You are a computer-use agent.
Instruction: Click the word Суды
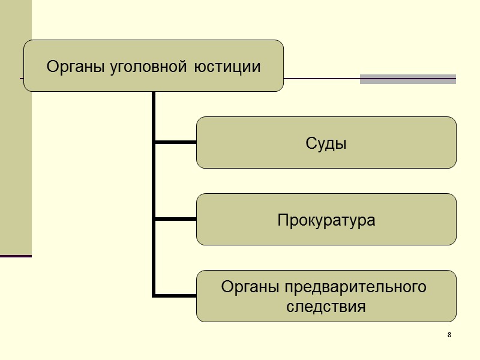(x=326, y=143)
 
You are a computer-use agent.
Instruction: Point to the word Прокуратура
(x=326, y=220)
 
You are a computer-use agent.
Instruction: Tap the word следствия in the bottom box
(x=326, y=307)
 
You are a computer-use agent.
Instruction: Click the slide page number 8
(x=449, y=334)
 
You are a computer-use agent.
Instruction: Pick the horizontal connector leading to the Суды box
(x=176, y=142)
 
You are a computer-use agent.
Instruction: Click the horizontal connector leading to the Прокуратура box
(x=176, y=219)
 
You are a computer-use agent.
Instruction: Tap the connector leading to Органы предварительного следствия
(x=176, y=295)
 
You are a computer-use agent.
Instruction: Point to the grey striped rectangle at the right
(x=408, y=79)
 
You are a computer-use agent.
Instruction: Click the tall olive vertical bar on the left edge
(x=16, y=126)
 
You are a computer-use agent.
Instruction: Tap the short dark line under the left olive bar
(x=16, y=256)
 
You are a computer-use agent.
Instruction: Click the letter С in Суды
(x=310, y=144)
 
